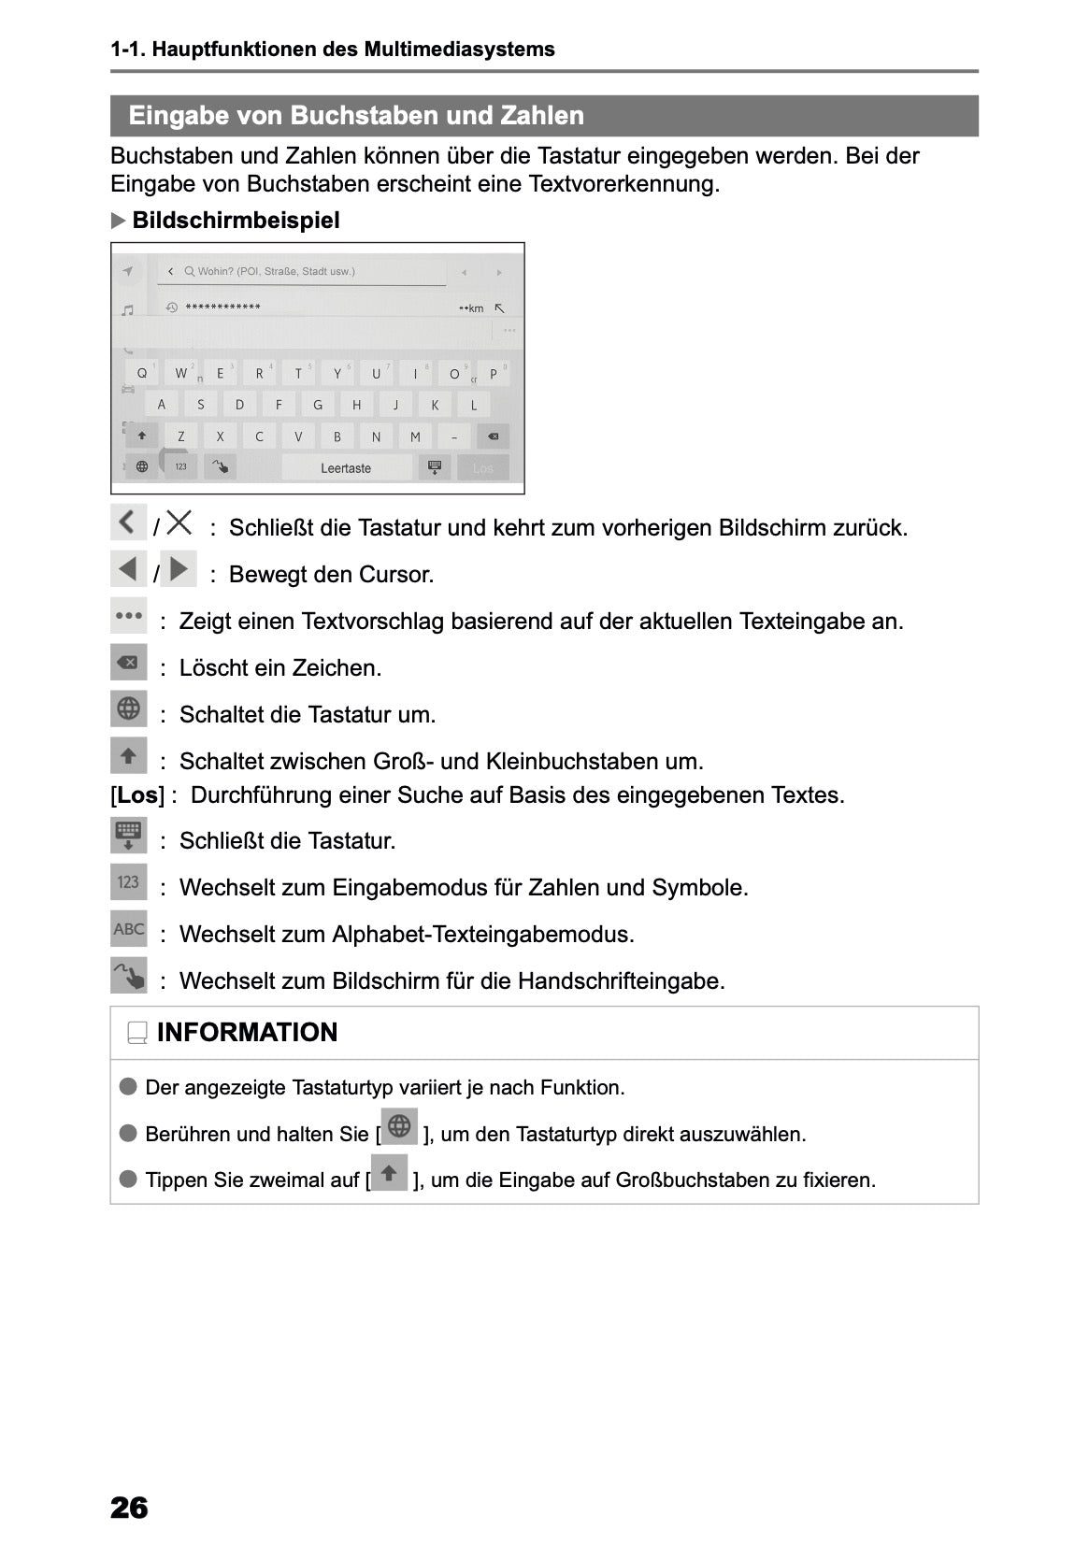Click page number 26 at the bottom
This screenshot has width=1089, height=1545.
[x=129, y=1508]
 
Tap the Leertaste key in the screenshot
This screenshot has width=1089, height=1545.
[x=346, y=468]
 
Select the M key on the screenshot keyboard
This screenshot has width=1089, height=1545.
[x=415, y=436]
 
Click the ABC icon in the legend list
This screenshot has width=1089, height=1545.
[x=129, y=929]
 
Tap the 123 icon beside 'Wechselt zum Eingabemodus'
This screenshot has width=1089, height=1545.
[x=129, y=882]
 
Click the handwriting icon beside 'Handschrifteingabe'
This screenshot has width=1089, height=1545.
[x=129, y=976]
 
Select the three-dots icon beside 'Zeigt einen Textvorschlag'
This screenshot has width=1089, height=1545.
[x=129, y=616]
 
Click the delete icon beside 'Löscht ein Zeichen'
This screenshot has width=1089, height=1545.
[x=129, y=663]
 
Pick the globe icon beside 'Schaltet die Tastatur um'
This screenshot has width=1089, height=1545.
[x=129, y=708]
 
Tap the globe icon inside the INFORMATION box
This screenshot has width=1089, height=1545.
[x=399, y=1126]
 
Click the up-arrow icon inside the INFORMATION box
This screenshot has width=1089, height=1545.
[x=390, y=1172]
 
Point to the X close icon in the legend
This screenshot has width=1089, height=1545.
[x=179, y=522]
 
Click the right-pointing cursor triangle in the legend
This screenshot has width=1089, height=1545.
[x=179, y=568]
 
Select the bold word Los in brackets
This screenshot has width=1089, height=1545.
[x=137, y=795]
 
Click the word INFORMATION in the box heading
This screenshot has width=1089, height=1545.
[x=247, y=1033]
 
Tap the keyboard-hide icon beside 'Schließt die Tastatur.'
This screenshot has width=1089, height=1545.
[x=129, y=836]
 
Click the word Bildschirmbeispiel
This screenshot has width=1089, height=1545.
[x=236, y=221]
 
